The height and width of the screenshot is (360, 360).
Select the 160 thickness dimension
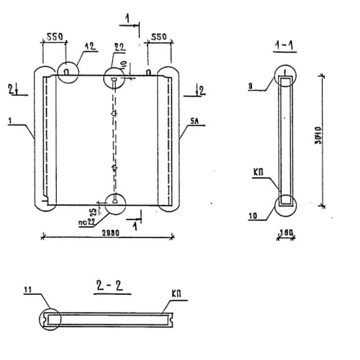coord(286,232)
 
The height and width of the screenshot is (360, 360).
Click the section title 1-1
coord(285,45)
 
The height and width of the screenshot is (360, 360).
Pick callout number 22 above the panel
coord(120,47)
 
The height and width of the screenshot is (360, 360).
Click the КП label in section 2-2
coord(176,293)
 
